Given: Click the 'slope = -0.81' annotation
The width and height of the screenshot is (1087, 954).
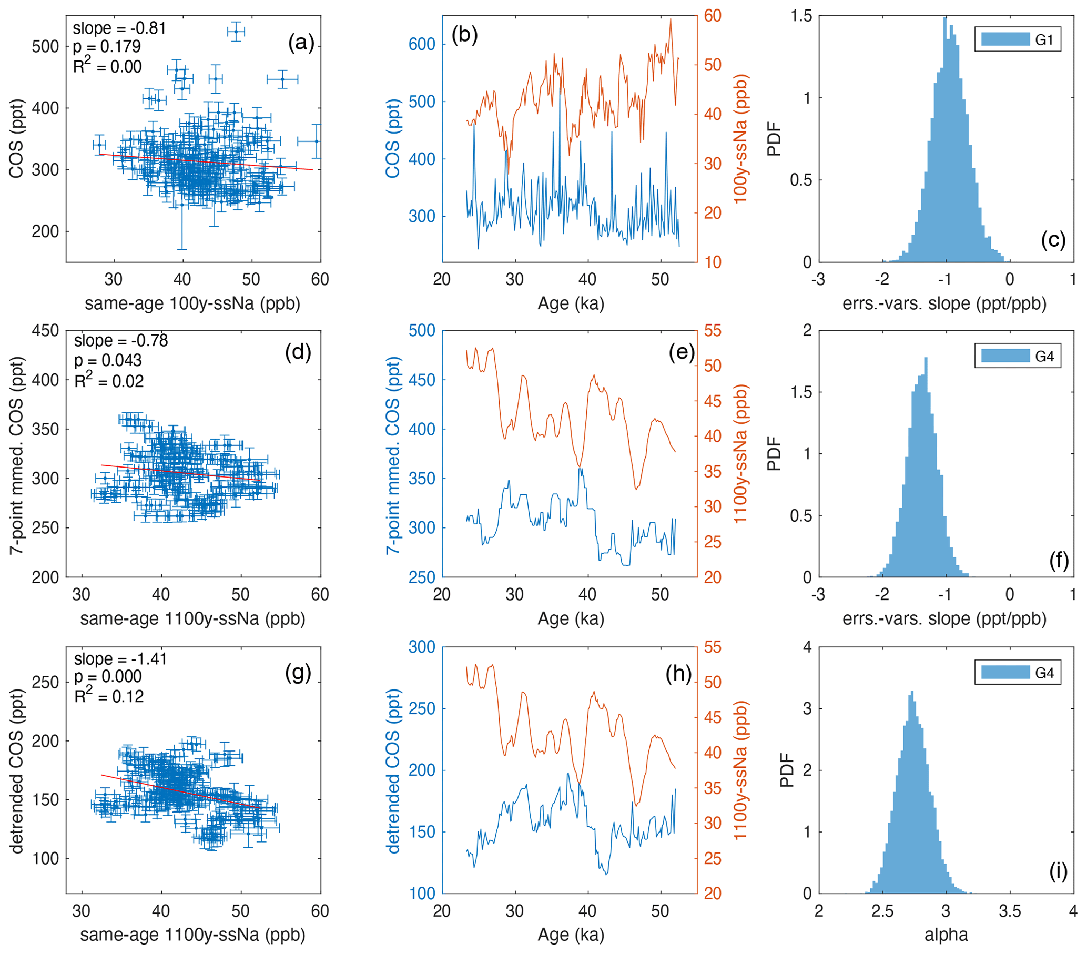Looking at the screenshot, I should pos(119,28).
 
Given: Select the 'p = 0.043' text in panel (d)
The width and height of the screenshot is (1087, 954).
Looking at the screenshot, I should pos(108,360).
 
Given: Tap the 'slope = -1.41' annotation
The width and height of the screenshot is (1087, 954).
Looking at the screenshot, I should pos(120,658).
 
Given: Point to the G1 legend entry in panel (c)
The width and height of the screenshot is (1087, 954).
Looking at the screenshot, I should pos(1017,39).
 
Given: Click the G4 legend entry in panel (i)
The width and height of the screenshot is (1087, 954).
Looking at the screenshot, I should pos(1017,673).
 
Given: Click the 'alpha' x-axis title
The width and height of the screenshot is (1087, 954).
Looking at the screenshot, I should pos(946,935).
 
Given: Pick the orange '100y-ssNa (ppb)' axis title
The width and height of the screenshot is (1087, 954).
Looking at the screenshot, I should pos(740,139).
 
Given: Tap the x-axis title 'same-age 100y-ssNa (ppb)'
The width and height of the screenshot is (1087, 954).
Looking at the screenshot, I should pos(192,303).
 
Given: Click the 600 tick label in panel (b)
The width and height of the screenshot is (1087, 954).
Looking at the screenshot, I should pos(422,44).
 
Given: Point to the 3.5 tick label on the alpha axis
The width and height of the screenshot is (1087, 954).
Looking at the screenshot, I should pos(1009,911).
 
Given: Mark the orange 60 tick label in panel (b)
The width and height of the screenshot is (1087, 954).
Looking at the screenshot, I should pos(713,15).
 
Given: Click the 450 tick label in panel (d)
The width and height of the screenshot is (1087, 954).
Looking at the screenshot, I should pos(45,331).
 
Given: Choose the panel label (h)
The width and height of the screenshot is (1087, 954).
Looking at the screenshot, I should pos(678,674).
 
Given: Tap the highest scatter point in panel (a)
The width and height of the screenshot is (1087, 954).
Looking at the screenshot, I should pos(236,32).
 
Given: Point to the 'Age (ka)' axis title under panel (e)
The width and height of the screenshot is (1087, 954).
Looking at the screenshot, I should pos(571,618).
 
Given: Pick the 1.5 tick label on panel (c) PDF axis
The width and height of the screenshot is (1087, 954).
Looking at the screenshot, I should pos(801,16).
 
